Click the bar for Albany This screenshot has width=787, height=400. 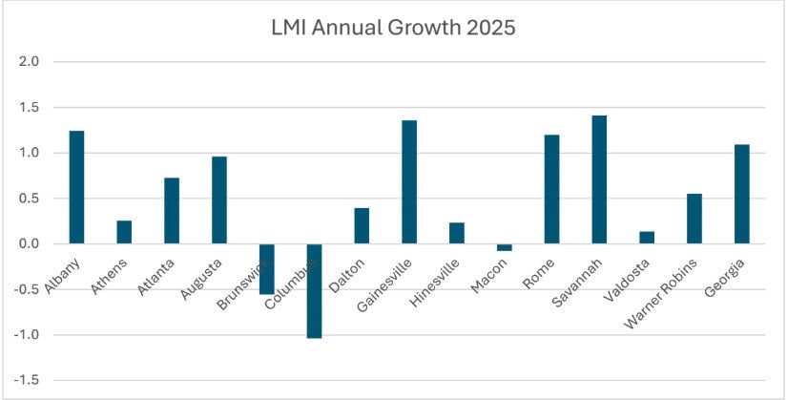76,187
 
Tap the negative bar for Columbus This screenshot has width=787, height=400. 314,291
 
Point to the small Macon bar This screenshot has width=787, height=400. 504,247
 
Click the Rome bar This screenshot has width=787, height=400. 551,189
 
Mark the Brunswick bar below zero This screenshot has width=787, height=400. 266,269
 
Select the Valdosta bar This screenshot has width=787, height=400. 647,238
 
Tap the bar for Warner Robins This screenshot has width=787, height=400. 694,219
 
